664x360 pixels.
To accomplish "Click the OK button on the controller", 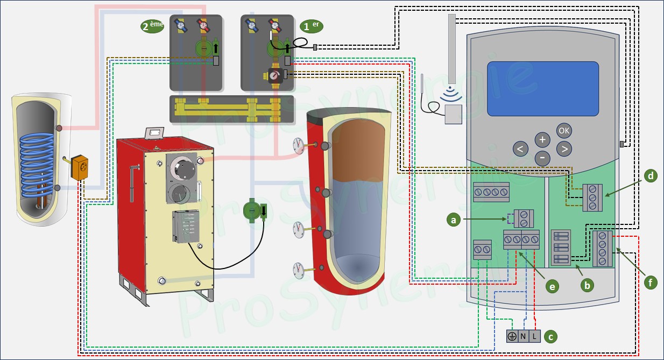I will [x=564, y=130].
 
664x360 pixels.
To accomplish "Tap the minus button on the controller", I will [x=542, y=158].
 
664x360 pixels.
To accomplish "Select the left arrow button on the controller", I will [x=520, y=149].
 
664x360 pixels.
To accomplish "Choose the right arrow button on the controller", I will [x=564, y=149].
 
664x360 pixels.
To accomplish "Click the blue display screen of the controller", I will [x=543, y=88].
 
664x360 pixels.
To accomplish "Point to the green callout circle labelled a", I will [x=455, y=219].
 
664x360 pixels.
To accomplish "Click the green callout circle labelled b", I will [x=587, y=284].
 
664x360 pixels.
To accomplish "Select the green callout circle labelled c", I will [x=549, y=337].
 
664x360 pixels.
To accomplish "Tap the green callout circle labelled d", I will [x=651, y=176].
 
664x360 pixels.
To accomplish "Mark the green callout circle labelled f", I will [x=651, y=282].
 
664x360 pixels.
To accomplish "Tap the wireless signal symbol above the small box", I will [x=450, y=96].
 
